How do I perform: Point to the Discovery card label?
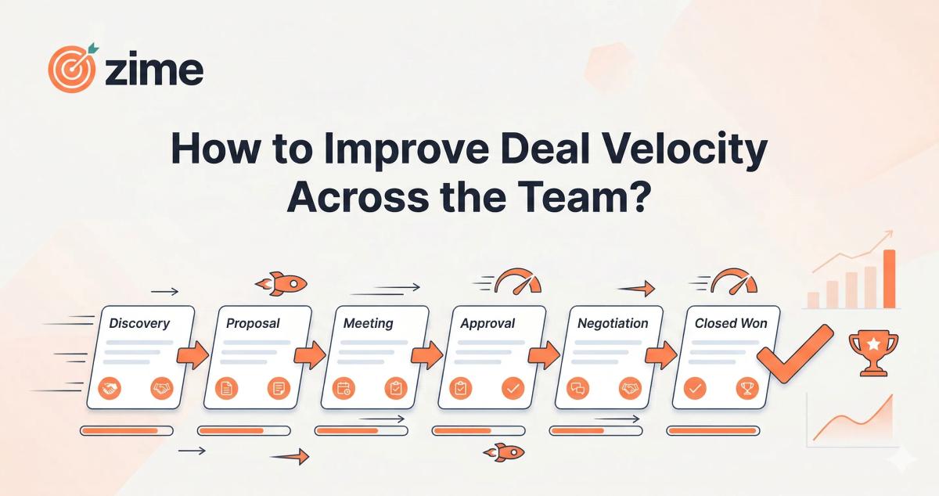click(x=139, y=323)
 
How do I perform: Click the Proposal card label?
click(x=253, y=323)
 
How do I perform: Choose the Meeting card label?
click(x=368, y=323)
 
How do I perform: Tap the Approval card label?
click(x=487, y=323)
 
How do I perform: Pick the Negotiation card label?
click(x=613, y=323)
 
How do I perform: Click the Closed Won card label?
click(x=731, y=323)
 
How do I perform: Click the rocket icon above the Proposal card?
click(x=282, y=282)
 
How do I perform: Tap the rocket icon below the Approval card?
click(x=504, y=451)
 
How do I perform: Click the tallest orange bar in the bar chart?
click(x=889, y=279)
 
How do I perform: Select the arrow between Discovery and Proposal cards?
click(x=191, y=354)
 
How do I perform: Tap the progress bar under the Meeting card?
click(x=361, y=430)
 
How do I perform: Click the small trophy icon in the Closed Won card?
click(x=747, y=387)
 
